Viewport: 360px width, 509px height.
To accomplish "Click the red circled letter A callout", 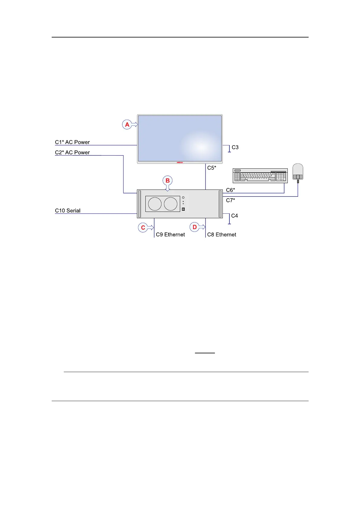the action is [127, 125].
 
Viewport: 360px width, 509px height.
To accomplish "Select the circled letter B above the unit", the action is [167, 181].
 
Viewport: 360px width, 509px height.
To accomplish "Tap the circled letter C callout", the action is [143, 228].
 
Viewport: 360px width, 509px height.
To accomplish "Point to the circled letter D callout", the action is [195, 227].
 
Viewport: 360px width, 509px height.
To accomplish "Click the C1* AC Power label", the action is [72, 142].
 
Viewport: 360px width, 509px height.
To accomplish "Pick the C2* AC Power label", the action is [72, 152].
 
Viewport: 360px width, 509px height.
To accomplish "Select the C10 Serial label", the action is [68, 211].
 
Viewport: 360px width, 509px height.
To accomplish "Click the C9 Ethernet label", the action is [170, 235].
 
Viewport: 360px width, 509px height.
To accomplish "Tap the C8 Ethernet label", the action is [222, 235].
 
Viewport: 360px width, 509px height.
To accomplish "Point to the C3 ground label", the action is [235, 147].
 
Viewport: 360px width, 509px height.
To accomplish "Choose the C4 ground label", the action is [234, 216].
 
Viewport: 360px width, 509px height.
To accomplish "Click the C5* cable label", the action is [212, 168].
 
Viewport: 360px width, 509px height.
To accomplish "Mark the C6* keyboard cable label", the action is [230, 190].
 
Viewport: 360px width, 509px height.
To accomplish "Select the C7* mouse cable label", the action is [230, 200].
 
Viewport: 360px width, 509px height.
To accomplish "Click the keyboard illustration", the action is [260, 176].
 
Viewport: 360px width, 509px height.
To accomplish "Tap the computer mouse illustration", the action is [298, 172].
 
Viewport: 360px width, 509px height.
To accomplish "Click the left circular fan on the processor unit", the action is [155, 204].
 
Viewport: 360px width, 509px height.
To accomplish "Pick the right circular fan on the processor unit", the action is [170, 204].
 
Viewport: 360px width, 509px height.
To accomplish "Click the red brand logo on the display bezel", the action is [180, 162].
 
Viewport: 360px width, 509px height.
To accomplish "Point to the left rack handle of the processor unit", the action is [139, 204].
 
